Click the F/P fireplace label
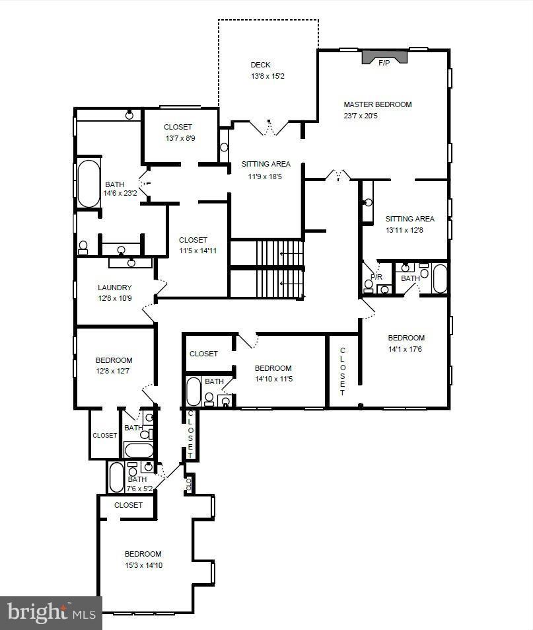(384, 63)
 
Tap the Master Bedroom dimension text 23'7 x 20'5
(361, 116)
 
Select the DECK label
(260, 65)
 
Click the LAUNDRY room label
(115, 288)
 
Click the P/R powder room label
(376, 277)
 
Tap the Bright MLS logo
(51, 613)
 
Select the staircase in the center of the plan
(267, 269)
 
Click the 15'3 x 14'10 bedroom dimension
(143, 565)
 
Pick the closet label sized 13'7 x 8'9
(178, 127)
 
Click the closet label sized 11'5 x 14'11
(193, 240)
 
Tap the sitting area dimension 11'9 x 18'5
(266, 176)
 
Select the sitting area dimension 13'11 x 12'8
(409, 230)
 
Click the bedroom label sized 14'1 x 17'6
(406, 338)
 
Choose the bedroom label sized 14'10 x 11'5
(273, 368)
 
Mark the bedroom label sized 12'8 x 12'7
(114, 360)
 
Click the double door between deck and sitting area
(269, 128)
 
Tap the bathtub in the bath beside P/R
(439, 278)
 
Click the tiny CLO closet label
(188, 484)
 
